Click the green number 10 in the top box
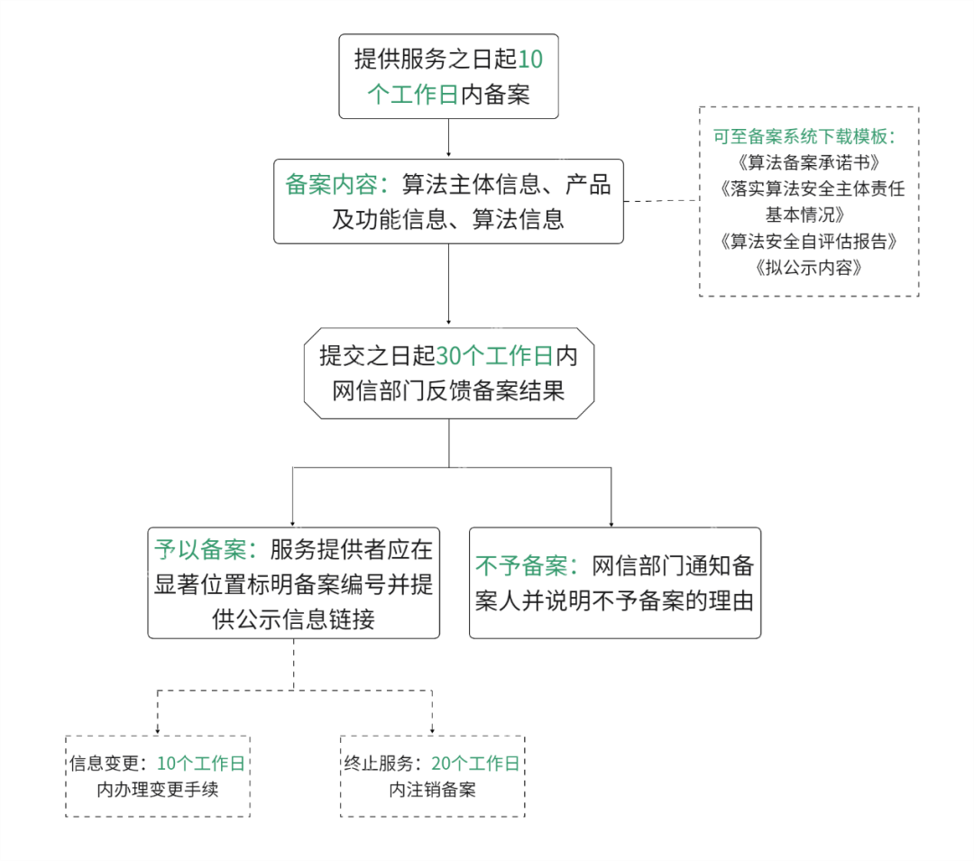531,60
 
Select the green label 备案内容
330,185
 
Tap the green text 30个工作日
494,356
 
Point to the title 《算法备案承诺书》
809,164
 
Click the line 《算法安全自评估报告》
809,242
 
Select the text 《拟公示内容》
809,268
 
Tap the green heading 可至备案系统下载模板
804,137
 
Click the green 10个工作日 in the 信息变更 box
201,764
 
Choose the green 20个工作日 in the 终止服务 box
476,764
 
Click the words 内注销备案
432,791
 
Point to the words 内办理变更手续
157,791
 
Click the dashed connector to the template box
660,201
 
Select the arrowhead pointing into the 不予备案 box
611,523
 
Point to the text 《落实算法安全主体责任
809,190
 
